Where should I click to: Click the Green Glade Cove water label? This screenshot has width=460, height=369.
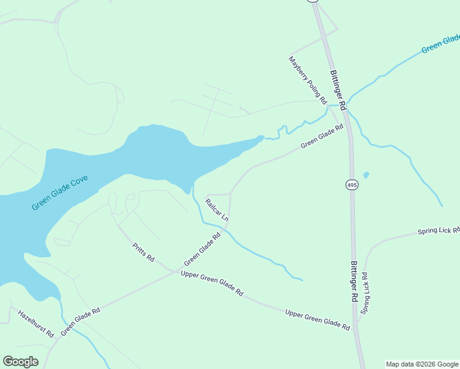click(x=60, y=192)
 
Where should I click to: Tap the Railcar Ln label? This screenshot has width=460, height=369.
click(x=216, y=210)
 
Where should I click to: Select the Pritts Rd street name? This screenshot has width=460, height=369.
click(x=143, y=252)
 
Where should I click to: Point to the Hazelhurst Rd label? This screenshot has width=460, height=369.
click(x=36, y=323)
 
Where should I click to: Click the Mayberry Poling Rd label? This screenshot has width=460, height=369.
click(x=307, y=80)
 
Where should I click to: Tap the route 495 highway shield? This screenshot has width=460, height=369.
click(x=351, y=185)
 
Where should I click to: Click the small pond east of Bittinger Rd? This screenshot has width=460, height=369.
click(x=366, y=175)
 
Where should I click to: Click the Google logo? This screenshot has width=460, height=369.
click(x=21, y=362)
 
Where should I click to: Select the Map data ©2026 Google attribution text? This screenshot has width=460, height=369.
click(x=422, y=364)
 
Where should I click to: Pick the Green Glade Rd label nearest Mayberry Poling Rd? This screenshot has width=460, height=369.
click(x=322, y=137)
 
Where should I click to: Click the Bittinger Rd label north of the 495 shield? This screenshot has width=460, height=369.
click(x=339, y=90)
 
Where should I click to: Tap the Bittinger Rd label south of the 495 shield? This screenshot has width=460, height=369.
click(x=354, y=280)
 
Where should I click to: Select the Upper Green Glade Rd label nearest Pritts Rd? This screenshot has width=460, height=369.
click(x=212, y=284)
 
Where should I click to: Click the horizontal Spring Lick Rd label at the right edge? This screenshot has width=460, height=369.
click(x=438, y=231)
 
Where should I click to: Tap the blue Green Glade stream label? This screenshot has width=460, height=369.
click(x=440, y=42)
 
